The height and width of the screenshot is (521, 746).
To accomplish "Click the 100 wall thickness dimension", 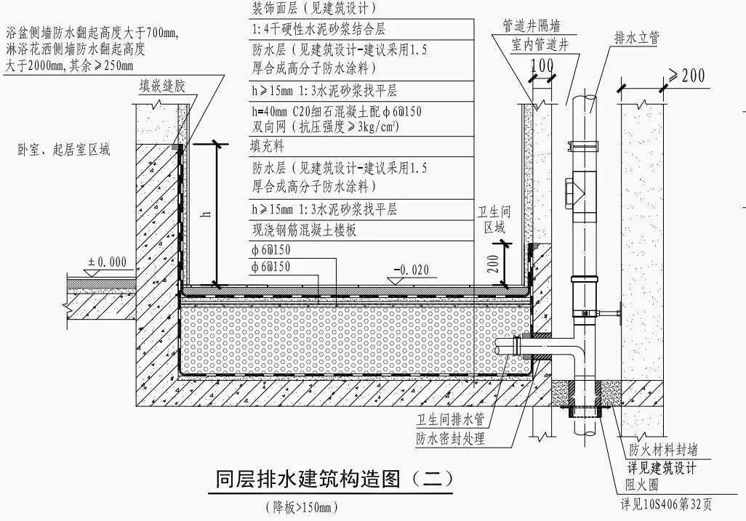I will [541, 66].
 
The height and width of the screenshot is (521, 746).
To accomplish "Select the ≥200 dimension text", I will [683, 76].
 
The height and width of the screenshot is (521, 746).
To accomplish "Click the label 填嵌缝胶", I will [163, 86].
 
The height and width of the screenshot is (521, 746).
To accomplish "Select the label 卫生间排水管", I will [449, 420].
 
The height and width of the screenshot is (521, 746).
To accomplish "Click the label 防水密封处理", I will [449, 438].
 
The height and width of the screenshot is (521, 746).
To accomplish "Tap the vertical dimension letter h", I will [206, 213].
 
